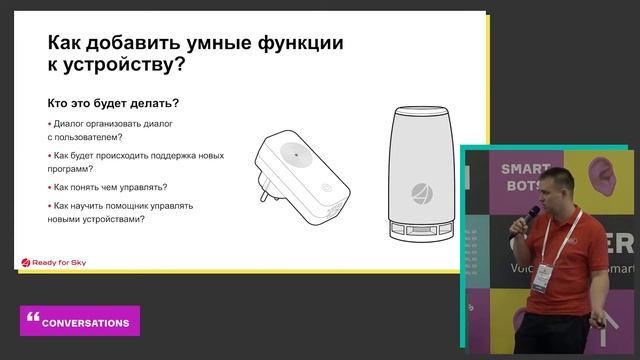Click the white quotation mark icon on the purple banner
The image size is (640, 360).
click(x=33, y=318)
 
